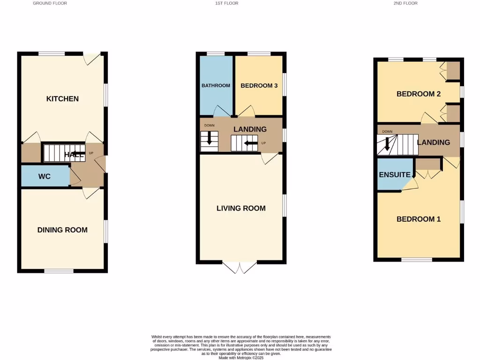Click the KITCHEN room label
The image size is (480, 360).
pos(62,99)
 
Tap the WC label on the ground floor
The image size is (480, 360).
pos(45,177)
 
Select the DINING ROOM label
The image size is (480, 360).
pos(62,230)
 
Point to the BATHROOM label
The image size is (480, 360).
pos(216,85)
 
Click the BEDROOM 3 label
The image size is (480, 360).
pos(259,86)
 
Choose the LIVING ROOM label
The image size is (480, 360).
pos(241,208)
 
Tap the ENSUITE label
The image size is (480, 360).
pos(395,175)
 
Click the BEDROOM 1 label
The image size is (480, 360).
pos(419,219)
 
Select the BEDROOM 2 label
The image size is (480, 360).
pos(419,94)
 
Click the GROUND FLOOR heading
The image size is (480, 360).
pos(50,3)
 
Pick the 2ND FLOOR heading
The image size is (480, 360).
pos(405,3)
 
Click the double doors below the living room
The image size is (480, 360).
pos(240,268)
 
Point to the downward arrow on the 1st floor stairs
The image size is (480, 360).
pos(210,139)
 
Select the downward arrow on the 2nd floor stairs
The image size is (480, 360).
pos(387,142)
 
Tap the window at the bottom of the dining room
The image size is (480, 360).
pos(59,270)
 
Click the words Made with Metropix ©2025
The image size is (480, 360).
pos(241,358)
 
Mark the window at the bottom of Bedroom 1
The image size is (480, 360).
pos(417,259)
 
